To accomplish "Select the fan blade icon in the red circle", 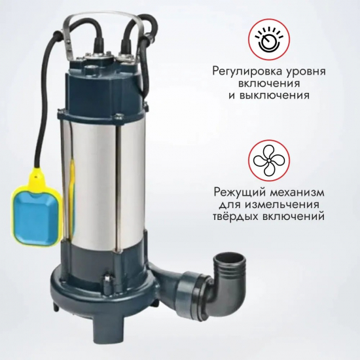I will [x=268, y=162].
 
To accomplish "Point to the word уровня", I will [x=312, y=70].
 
